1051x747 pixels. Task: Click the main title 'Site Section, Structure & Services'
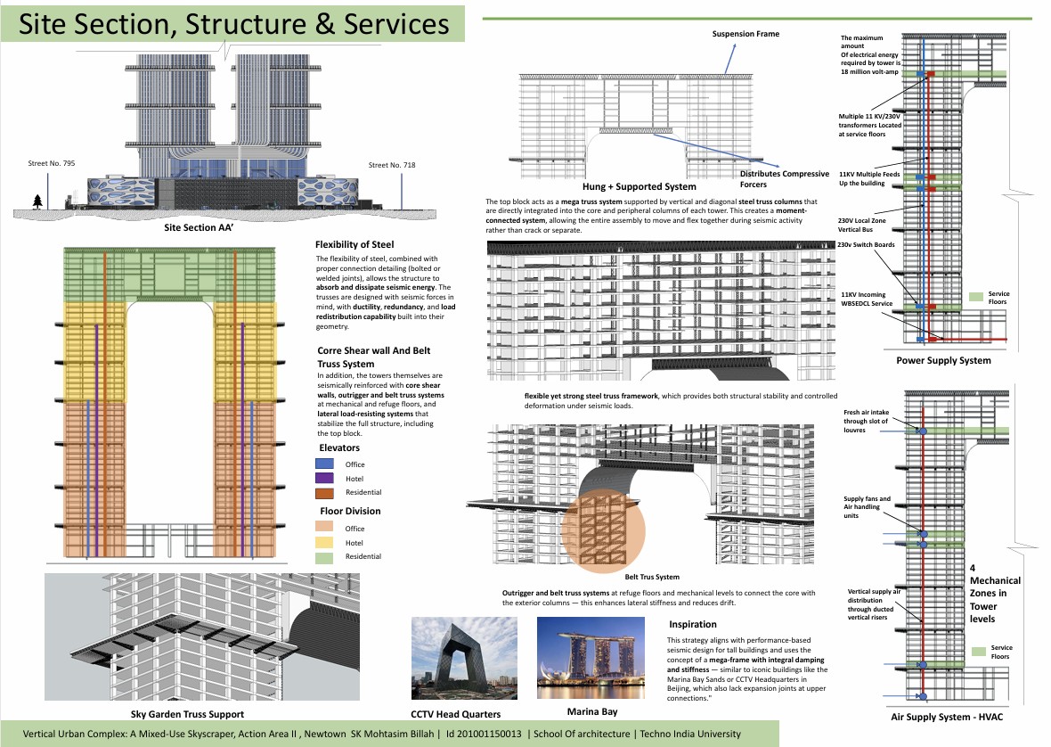click(x=235, y=24)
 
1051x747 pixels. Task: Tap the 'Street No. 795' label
click(x=51, y=164)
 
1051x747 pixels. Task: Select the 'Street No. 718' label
click(x=391, y=165)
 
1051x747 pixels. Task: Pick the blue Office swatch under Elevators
click(x=325, y=464)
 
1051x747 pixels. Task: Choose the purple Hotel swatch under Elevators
click(x=325, y=479)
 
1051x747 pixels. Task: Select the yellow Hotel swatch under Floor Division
click(x=325, y=542)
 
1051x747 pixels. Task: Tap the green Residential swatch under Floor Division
click(x=325, y=556)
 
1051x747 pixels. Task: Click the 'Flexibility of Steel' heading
click(x=354, y=244)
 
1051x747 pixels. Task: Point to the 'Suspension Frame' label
click(x=745, y=34)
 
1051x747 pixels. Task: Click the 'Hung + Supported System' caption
click(x=639, y=187)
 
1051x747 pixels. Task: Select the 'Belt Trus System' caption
click(x=652, y=577)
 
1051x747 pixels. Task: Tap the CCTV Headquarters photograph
click(x=464, y=658)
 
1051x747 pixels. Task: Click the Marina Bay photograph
click(x=592, y=658)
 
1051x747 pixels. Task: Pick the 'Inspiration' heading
click(x=692, y=624)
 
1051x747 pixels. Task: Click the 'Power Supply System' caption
click(x=944, y=361)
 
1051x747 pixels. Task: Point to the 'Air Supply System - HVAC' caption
click(x=941, y=717)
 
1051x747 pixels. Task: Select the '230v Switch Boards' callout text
click(x=867, y=244)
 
